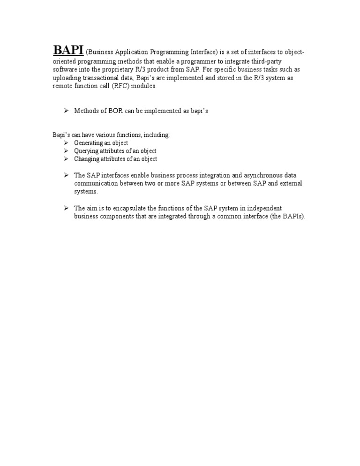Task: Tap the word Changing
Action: pos(87,159)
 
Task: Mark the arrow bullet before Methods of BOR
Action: pos(66,111)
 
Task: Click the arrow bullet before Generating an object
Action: pos(66,143)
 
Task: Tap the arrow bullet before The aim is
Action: pos(66,208)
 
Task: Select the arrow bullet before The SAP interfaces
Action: pos(66,175)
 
